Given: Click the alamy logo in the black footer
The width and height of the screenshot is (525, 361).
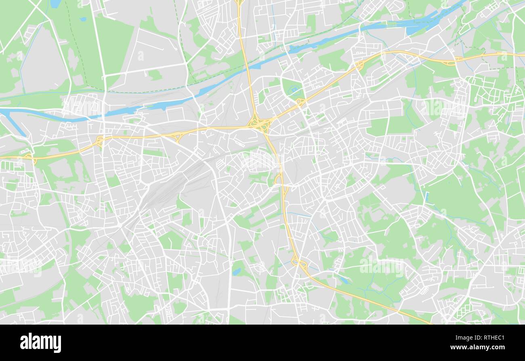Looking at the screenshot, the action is click(x=40, y=343).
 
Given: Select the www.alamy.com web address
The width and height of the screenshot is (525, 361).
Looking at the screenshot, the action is click(x=477, y=347).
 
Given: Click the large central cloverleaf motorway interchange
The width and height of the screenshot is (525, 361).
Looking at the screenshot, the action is click(x=259, y=123).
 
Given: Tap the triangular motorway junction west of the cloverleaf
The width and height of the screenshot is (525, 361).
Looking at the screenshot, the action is click(x=176, y=138).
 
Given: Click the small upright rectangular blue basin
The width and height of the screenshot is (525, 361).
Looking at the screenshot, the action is click(x=426, y=197).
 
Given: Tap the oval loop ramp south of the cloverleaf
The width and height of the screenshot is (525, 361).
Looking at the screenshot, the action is click(x=279, y=179).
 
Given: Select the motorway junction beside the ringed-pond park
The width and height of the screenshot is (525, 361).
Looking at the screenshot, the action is click(x=300, y=103).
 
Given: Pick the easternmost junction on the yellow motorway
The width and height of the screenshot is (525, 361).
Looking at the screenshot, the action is click(x=459, y=59).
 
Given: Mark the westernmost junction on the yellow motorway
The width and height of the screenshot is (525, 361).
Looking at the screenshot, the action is click(x=29, y=157).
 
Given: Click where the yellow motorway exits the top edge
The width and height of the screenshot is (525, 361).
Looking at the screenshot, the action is click(x=239, y=2).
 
